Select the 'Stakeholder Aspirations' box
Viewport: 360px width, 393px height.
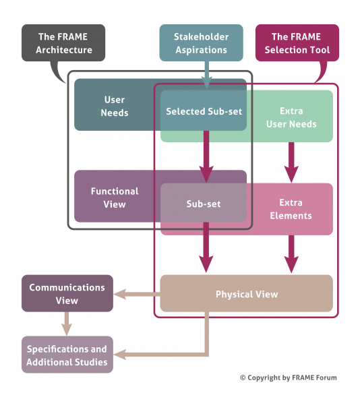point(201,43)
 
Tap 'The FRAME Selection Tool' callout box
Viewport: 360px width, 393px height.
point(297,43)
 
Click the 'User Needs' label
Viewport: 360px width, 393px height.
point(115,106)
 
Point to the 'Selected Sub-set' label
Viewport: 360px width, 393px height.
point(204,111)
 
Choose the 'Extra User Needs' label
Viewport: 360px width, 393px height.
point(291,117)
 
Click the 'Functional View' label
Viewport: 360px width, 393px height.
point(115,198)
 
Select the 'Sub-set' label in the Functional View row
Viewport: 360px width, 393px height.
point(204,203)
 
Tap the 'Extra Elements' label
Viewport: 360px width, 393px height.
point(291,209)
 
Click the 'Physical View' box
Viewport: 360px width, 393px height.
point(247,294)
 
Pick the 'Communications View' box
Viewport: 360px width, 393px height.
point(67,294)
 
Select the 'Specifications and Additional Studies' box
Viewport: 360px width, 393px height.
point(67,355)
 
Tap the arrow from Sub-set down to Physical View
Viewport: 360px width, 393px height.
point(206,253)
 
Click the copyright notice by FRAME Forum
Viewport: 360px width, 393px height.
point(288,377)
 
